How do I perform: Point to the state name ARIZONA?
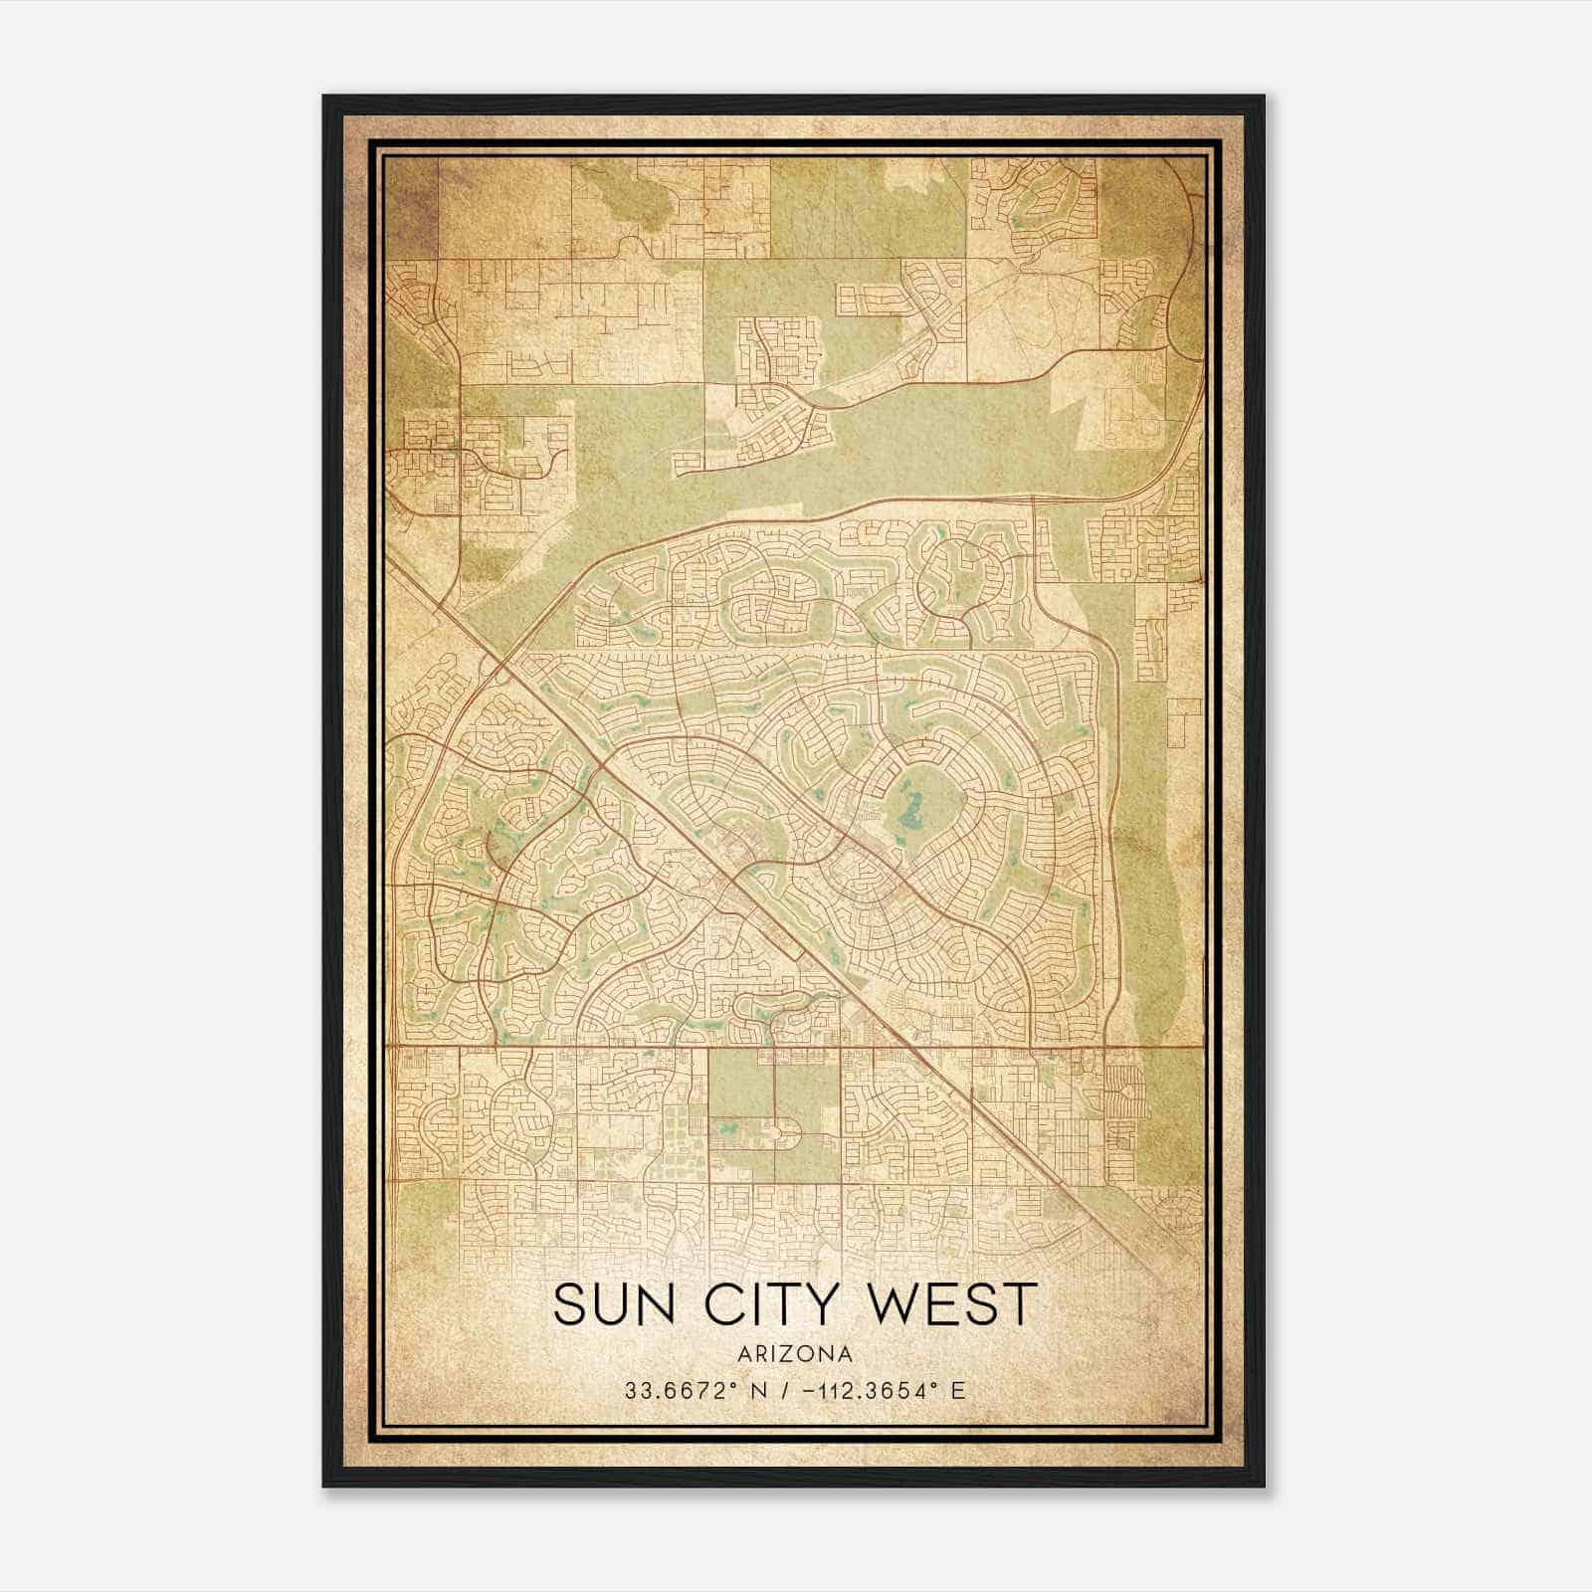[795, 1354]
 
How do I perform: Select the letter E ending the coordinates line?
[958, 1390]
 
